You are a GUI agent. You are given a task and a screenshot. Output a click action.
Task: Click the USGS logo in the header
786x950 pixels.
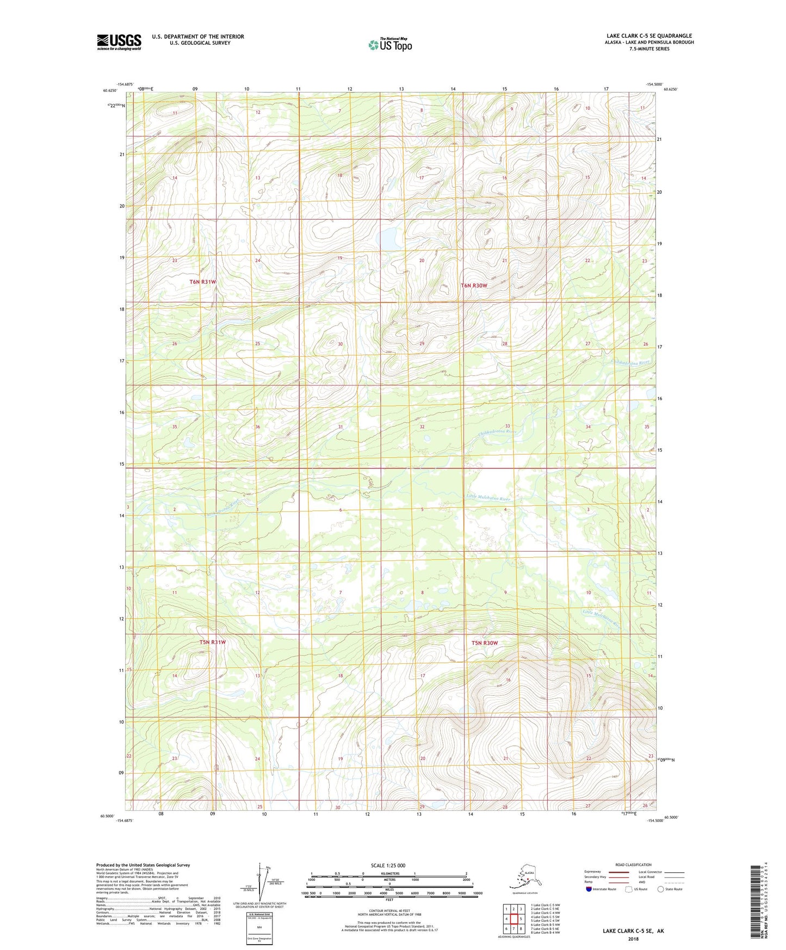(119, 42)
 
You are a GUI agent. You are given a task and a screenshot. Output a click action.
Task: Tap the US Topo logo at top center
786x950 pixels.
(389, 45)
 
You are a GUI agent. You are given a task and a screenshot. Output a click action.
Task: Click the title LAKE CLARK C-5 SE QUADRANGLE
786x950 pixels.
(649, 36)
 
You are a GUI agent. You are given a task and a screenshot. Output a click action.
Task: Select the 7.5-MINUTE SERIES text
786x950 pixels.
(649, 49)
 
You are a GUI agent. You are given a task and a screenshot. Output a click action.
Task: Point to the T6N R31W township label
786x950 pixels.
(203, 282)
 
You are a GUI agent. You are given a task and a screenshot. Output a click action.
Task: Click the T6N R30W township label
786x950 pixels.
(474, 285)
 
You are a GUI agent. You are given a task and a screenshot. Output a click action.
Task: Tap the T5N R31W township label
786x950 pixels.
(212, 642)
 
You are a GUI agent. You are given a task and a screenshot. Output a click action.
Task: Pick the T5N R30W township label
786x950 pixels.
(484, 643)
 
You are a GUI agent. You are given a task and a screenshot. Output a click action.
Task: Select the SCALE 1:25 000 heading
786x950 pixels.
(388, 866)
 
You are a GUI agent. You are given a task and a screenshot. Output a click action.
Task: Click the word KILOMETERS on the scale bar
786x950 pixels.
(388, 874)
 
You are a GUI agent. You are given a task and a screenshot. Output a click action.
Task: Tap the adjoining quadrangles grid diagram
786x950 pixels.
(513, 920)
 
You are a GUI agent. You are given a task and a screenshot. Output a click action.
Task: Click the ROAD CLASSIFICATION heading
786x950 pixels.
(633, 865)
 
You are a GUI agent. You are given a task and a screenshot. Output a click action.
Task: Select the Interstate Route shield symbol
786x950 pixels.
(589, 889)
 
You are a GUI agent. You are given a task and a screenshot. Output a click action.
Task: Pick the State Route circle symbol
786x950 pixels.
(661, 889)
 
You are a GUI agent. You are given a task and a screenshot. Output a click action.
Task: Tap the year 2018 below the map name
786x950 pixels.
(633, 939)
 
